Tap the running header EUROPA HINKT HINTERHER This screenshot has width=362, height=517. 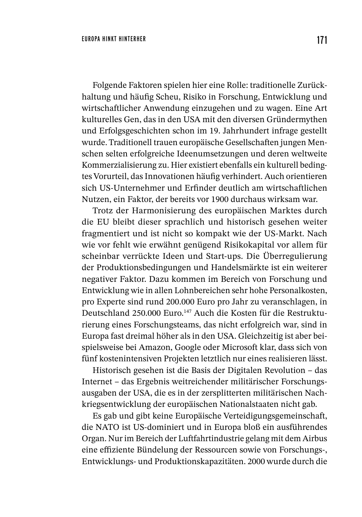(x=114, y=39)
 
